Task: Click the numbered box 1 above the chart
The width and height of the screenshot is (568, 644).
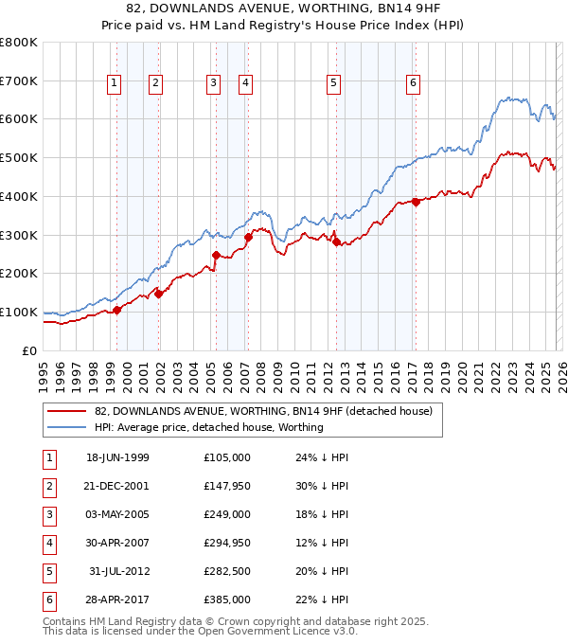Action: coord(114,83)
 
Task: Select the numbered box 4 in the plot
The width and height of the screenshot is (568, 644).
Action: coord(245,83)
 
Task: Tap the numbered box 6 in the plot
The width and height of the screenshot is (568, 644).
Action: coord(414,83)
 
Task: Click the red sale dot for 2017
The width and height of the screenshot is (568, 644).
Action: coord(416,201)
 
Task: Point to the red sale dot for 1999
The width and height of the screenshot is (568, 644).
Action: coord(117,310)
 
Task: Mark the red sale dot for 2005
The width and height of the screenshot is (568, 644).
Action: coord(216,254)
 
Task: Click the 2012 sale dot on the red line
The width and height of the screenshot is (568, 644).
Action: coord(336,241)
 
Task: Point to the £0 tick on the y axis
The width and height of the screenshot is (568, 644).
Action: coord(30,350)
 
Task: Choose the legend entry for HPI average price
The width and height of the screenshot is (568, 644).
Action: coord(208,427)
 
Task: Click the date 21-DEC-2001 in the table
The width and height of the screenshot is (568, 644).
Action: coord(117,486)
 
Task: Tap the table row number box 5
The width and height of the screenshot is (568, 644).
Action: coord(48,571)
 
